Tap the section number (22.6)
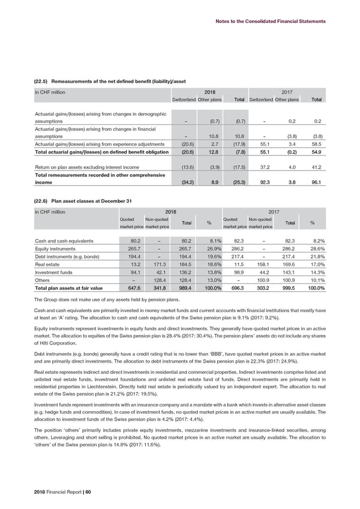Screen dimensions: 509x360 [x=42, y=200]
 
